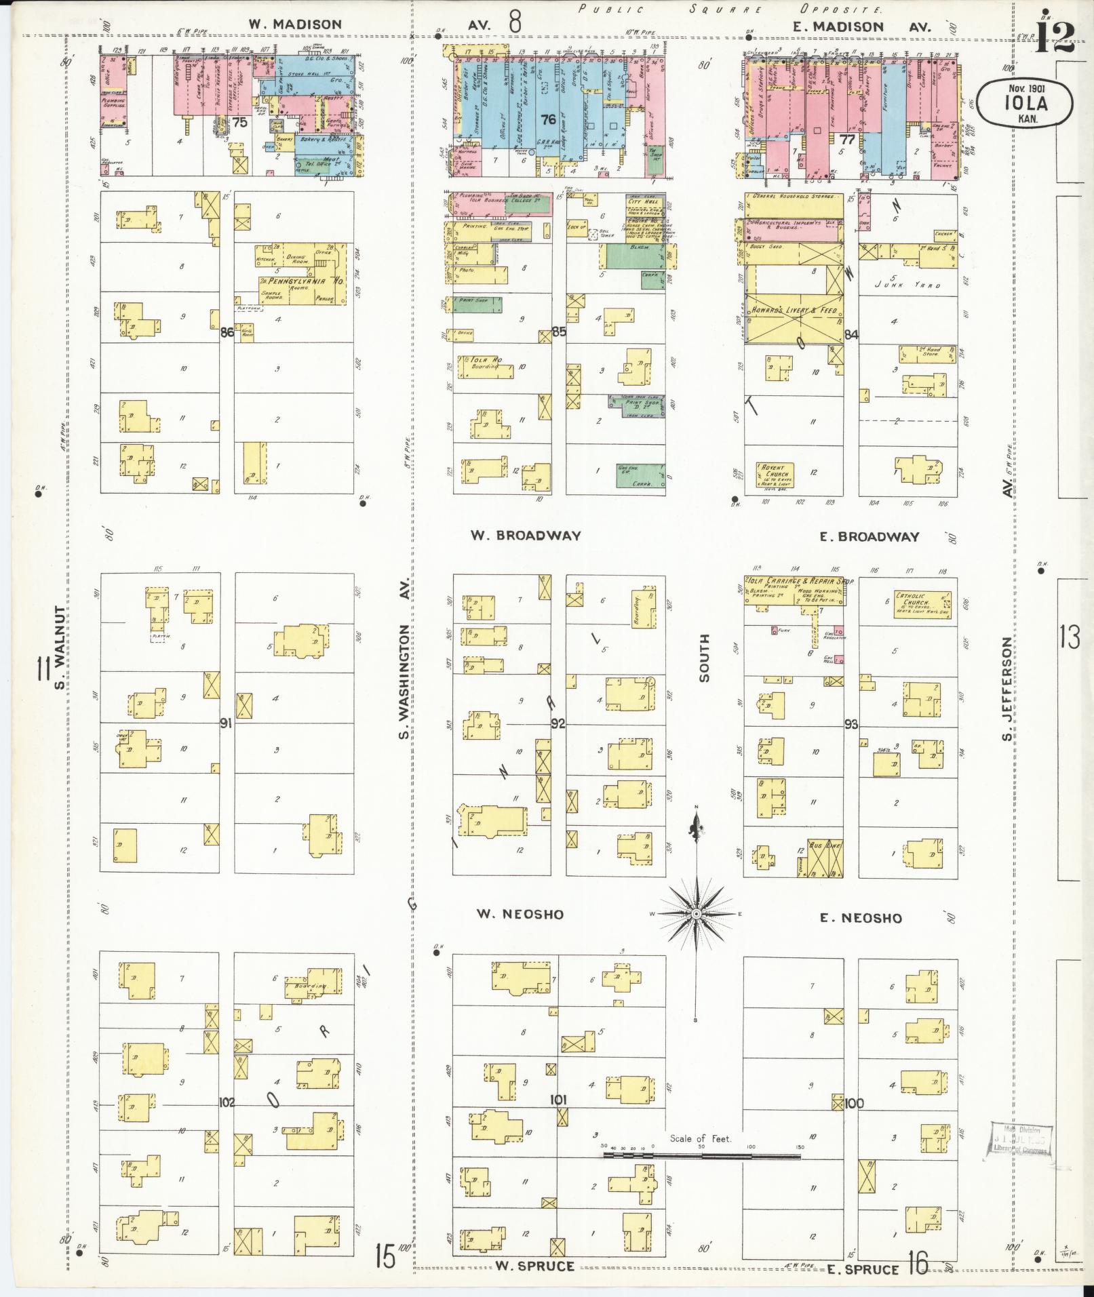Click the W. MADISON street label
pyautogui.click(x=294, y=24)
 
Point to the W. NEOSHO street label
pyautogui.click(x=520, y=914)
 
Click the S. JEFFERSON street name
pyautogui.click(x=1007, y=688)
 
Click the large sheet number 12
pyautogui.click(x=1055, y=37)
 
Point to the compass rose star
pyautogui.click(x=696, y=914)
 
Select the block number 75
pyautogui.click(x=239, y=121)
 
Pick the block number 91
pyautogui.click(x=227, y=723)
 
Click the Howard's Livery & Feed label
pyautogui.click(x=794, y=310)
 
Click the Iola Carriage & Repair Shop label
pyautogui.click(x=799, y=582)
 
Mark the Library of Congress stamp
pyautogui.click(x=1020, y=1138)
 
